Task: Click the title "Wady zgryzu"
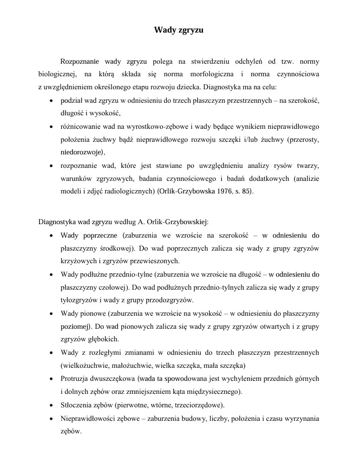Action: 179,31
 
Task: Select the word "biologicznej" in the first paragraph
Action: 58,74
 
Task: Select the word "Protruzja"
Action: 75,378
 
